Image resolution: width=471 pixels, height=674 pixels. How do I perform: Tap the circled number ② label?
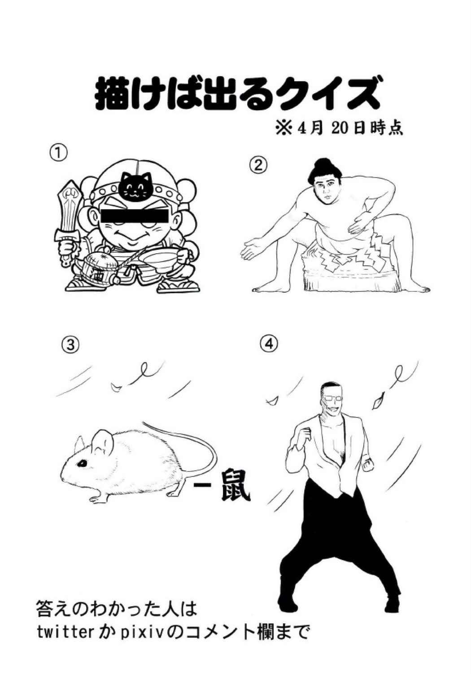257,165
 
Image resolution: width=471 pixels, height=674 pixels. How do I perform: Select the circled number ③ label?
71,345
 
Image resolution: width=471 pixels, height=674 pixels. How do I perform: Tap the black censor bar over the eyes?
134,216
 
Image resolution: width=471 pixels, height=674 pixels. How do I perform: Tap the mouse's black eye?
82,464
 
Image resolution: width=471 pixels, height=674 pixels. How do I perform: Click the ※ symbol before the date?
284,129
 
